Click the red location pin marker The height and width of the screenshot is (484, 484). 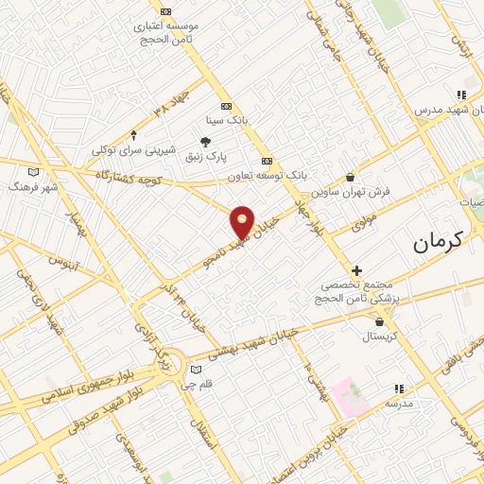coord(243,221)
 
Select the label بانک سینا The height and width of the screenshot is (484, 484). coord(227,121)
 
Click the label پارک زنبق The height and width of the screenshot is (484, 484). coord(232,158)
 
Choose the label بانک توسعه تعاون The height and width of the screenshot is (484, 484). coord(268,176)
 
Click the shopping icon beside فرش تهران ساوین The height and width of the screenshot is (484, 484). coord(351,176)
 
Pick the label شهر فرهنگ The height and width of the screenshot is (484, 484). coord(34,187)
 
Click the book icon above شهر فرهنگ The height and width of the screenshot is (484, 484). coord(35,171)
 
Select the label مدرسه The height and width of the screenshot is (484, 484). coord(399,404)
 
